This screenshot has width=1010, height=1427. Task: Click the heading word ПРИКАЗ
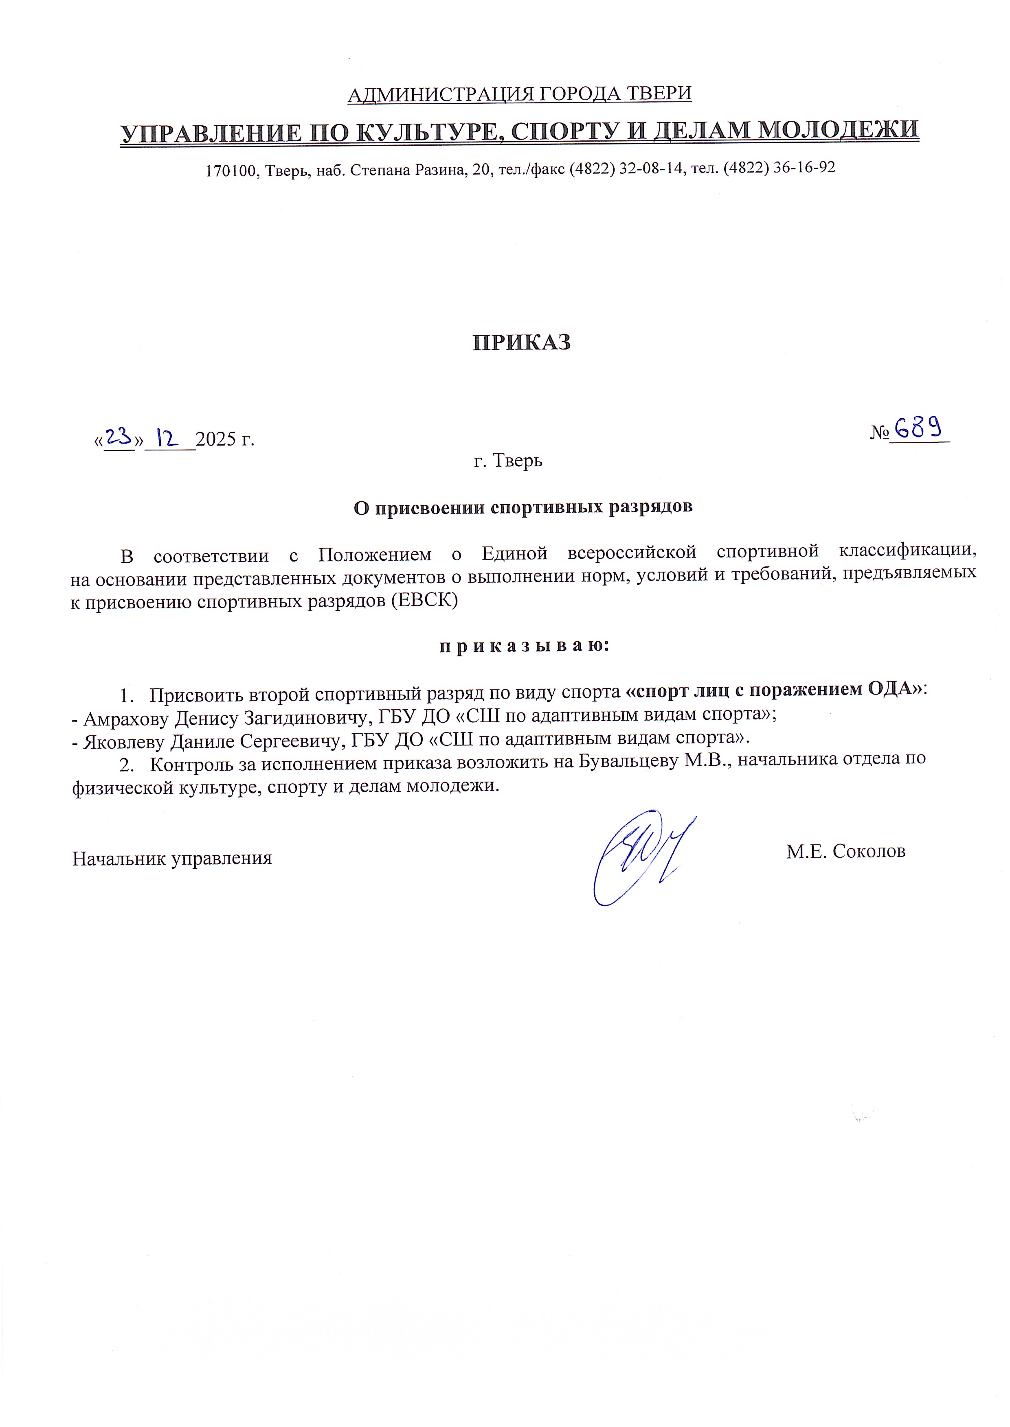click(x=521, y=343)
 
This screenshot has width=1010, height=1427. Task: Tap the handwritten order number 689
click(x=918, y=428)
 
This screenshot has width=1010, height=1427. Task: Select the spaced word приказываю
click(x=524, y=647)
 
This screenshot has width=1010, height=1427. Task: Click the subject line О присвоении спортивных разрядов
click(x=523, y=507)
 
